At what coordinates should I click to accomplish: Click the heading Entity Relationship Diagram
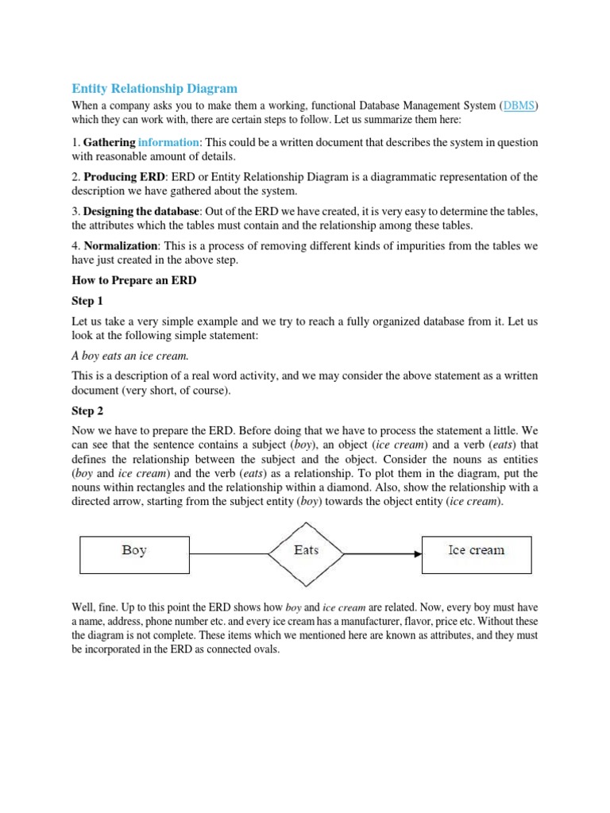[x=154, y=88]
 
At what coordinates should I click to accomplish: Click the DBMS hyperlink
[x=519, y=106]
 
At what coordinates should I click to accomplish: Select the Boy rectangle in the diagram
[x=134, y=550]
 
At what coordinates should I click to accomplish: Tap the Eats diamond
[x=306, y=550]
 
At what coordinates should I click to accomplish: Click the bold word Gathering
[x=109, y=142]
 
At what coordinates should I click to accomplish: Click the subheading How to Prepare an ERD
[x=133, y=280]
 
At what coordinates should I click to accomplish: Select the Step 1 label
[x=87, y=301]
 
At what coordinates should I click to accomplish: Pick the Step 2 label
[x=87, y=411]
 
